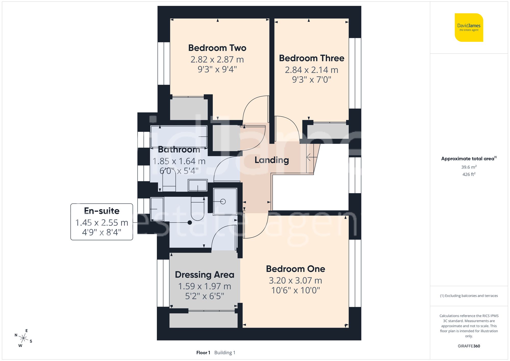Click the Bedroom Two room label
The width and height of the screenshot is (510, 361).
pyautogui.click(x=217, y=48)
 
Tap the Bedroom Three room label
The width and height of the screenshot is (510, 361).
pyautogui.click(x=311, y=58)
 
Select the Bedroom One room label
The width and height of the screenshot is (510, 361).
pyautogui.click(x=295, y=269)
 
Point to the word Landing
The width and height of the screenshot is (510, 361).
pyautogui.click(x=272, y=160)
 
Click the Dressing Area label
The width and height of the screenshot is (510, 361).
pyautogui.click(x=205, y=275)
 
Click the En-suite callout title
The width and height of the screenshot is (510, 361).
pyautogui.click(x=101, y=211)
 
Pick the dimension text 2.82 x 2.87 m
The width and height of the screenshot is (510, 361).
pyautogui.click(x=217, y=59)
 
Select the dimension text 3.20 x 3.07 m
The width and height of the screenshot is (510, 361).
pyautogui.click(x=295, y=281)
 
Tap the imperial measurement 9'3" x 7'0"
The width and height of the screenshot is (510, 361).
pyautogui.click(x=311, y=80)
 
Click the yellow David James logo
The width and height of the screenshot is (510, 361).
pyautogui.click(x=469, y=28)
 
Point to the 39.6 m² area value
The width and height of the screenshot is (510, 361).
pyautogui.click(x=469, y=167)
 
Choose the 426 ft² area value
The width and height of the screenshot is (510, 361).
pyautogui.click(x=469, y=174)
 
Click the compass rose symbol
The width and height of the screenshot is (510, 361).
pyautogui.click(x=23, y=339)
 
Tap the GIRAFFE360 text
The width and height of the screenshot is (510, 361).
pyautogui.click(x=469, y=346)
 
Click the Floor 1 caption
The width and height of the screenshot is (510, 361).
pyautogui.click(x=203, y=353)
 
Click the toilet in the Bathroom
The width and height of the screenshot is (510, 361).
pyautogui.click(x=169, y=180)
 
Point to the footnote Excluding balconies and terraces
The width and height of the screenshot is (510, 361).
pyautogui.click(x=469, y=296)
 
